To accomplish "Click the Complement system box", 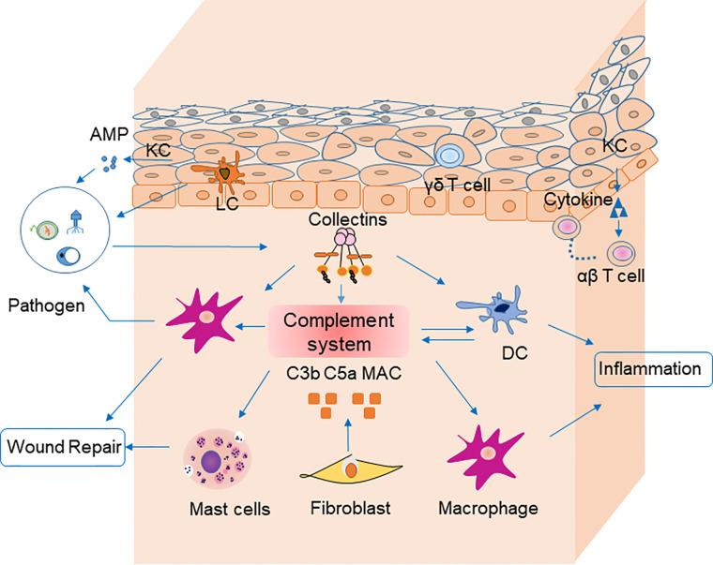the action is point(339,332).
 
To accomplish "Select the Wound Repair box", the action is point(63,447).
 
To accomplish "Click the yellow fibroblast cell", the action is point(351,471).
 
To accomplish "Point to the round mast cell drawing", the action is point(217,459).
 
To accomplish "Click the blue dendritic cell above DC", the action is point(493,310).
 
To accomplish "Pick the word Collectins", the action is point(347,219).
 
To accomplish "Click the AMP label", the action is point(109,134).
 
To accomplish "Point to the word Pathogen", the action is point(46,305).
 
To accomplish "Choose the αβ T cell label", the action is point(611,275).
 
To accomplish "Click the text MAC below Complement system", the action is point(382,373).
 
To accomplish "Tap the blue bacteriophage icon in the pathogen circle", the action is point(75,222).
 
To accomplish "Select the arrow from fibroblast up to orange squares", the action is point(348,435).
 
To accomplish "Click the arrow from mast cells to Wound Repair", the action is point(148,447).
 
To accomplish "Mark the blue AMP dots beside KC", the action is point(109,164).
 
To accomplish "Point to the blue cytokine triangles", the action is point(617,209).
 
